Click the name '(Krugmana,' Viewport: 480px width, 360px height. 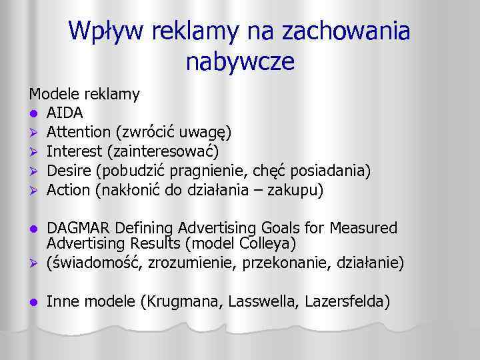click(x=181, y=301)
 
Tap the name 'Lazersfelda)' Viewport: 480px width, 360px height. click(x=347, y=301)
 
